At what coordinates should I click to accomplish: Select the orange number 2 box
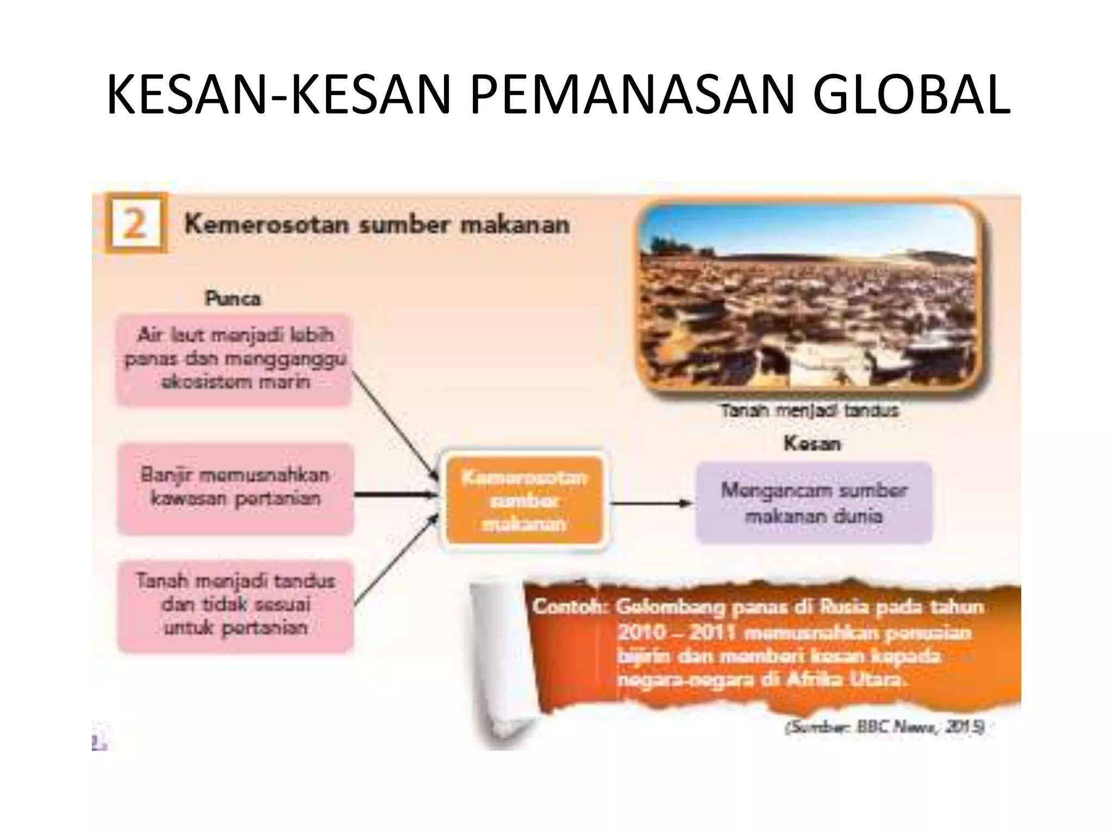[135, 223]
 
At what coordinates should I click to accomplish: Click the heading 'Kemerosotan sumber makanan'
[377, 225]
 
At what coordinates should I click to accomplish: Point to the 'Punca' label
[233, 298]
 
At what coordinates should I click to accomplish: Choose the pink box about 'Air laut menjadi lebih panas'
[234, 359]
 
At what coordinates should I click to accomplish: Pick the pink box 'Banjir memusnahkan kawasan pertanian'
[235, 488]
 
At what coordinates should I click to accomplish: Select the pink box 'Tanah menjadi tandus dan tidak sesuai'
[235, 606]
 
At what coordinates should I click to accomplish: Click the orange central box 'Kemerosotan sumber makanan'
[524, 501]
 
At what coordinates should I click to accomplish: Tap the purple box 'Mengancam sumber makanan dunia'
[814, 503]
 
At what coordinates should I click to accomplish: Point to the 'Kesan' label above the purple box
[812, 444]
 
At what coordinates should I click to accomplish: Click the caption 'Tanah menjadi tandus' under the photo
[810, 410]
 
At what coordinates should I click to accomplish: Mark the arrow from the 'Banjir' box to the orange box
[396, 495]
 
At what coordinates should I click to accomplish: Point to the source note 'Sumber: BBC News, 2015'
[884, 727]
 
